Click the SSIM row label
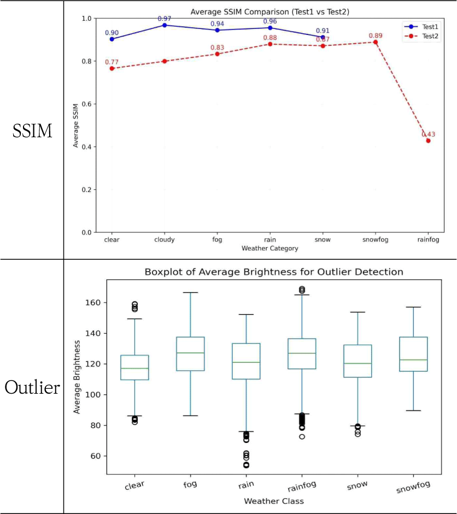[33, 130]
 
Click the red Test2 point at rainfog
[428, 141]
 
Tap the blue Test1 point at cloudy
[165, 25]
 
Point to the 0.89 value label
[376, 36]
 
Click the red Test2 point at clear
[112, 68]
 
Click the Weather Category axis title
[270, 249]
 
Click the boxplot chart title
[273, 271]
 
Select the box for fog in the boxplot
[190, 354]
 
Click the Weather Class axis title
[273, 501]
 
